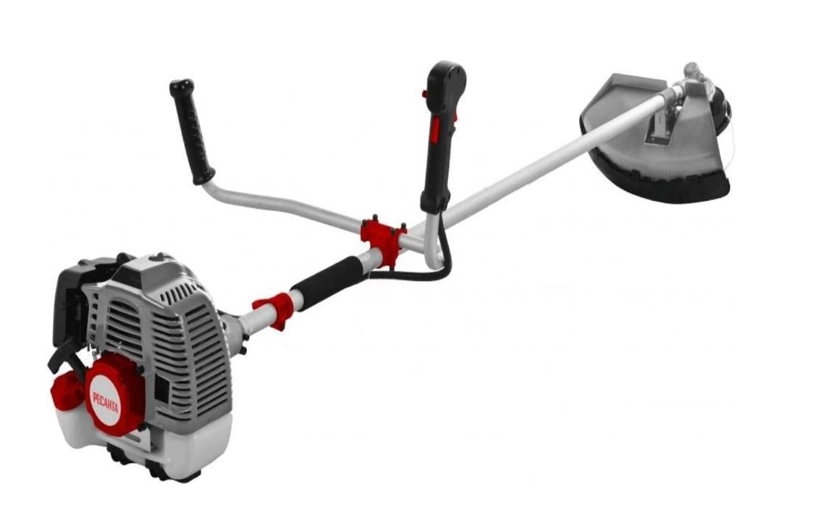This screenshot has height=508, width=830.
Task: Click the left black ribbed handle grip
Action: (x=192, y=131)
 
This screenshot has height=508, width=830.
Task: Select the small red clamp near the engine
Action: (x=275, y=309)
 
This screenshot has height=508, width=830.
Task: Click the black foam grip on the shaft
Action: (x=329, y=283)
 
